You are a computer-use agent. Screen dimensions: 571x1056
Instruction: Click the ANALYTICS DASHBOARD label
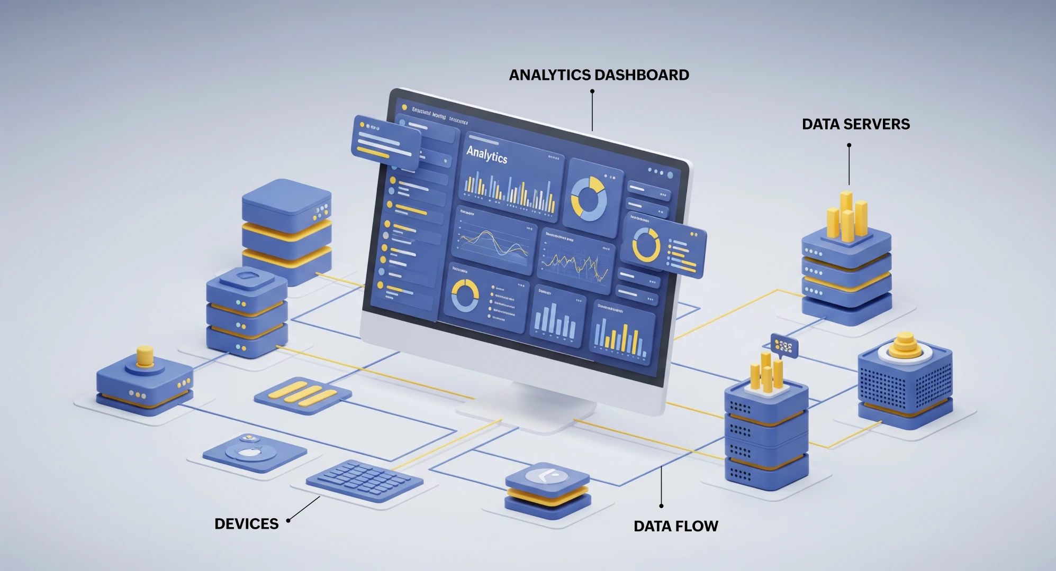click(x=599, y=75)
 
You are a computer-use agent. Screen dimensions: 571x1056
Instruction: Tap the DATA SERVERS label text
click(x=855, y=124)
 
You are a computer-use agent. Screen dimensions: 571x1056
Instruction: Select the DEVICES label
click(x=246, y=523)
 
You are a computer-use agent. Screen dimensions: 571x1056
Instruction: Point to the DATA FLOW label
click(x=675, y=526)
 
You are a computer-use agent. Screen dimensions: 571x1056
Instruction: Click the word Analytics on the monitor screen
click(x=486, y=155)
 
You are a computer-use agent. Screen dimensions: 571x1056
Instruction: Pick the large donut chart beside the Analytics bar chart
click(x=589, y=199)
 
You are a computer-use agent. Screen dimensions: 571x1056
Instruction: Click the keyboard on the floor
click(x=364, y=480)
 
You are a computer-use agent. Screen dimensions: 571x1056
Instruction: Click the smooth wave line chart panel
click(x=494, y=241)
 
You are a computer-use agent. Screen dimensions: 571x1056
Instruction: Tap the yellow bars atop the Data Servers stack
click(x=846, y=216)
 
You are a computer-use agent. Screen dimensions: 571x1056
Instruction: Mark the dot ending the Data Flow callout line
click(x=661, y=506)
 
